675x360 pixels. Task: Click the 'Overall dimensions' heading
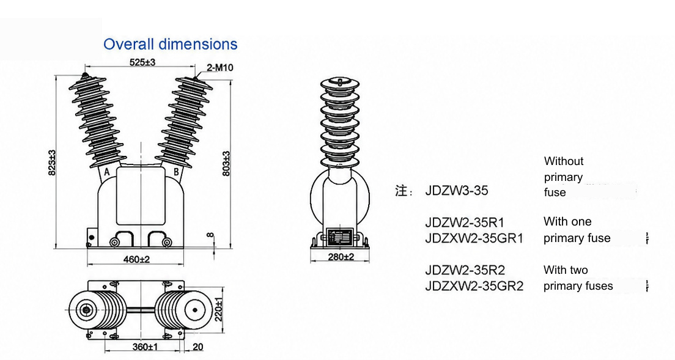170,44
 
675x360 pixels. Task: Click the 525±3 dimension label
142,62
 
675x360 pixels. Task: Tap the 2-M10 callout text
220,67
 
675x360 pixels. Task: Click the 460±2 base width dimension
136,259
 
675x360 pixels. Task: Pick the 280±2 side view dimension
341,257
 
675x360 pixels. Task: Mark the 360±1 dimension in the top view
145,347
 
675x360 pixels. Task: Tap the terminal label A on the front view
107,172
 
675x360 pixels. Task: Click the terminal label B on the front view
176,172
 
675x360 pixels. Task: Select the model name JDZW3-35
456,191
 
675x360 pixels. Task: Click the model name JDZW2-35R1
465,222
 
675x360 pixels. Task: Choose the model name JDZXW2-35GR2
474,286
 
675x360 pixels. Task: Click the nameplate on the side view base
340,237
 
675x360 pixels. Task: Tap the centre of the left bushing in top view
87,310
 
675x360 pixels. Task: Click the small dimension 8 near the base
210,235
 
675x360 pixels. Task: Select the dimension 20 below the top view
199,347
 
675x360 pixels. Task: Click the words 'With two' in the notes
566,270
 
